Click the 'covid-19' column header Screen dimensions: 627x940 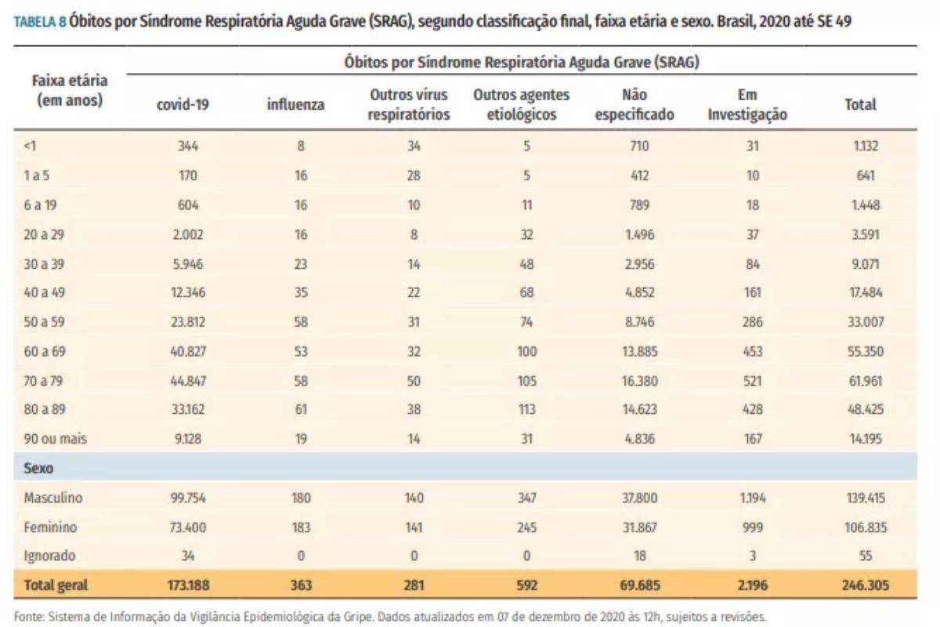183,104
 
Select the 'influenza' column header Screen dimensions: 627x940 295,104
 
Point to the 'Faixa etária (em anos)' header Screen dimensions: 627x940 70,90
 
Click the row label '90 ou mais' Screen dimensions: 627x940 56,439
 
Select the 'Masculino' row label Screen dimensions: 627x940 53,498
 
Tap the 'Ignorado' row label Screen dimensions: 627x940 50,556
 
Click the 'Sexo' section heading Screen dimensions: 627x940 38,468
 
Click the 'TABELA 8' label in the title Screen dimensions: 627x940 39,22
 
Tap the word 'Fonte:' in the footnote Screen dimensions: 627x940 29,616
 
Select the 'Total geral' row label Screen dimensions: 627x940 56,585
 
